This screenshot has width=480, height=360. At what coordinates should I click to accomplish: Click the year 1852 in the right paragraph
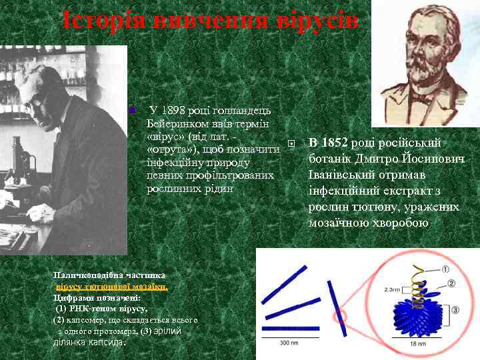point(335,143)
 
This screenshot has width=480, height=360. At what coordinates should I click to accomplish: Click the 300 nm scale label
point(288,343)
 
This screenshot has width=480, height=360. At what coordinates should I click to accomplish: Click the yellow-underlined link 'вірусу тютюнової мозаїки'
point(111,286)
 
